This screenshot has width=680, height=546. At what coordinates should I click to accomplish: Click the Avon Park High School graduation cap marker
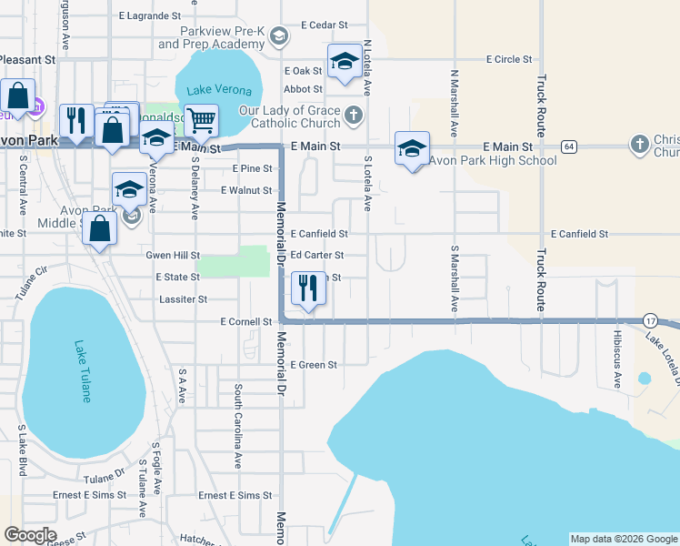412,149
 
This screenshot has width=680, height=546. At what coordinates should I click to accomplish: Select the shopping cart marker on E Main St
201,120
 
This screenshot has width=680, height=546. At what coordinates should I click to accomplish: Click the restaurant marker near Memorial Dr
308,289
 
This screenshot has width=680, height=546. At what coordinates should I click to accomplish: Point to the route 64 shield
569,146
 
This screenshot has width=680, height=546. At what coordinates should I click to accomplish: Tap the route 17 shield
649,320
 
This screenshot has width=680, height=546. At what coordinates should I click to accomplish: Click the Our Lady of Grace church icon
354,116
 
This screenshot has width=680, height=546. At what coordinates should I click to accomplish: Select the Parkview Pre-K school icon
279,37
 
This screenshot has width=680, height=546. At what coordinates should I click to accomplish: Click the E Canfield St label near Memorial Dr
319,234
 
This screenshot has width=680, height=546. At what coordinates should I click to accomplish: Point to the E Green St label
314,365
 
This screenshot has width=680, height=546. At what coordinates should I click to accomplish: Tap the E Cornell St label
246,322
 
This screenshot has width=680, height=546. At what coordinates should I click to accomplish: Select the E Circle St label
509,60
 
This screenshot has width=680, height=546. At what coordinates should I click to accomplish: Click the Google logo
30,535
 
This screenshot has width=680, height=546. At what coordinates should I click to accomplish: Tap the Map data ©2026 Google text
624,539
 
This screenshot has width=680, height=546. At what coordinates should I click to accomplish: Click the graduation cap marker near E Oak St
344,63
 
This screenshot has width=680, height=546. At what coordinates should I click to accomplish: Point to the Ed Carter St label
317,256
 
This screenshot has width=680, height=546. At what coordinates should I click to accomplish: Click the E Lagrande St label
151,16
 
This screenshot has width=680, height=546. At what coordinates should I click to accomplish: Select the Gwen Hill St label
173,256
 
